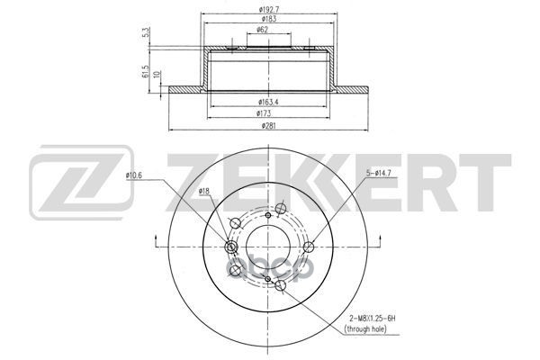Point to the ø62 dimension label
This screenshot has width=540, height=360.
(263, 30)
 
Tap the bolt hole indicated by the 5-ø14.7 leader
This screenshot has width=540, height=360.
(310, 247)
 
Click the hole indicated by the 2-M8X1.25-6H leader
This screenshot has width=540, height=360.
(269, 280)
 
